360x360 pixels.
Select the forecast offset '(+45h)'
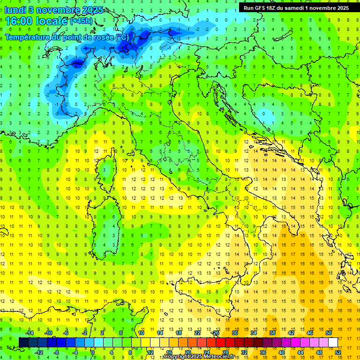point(81,21)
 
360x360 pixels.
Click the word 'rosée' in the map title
point(99,37)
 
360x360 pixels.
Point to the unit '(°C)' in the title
point(122,37)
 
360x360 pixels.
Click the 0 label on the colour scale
point(93,352)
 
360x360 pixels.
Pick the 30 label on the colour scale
point(235,332)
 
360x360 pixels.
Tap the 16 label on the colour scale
point(169,352)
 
